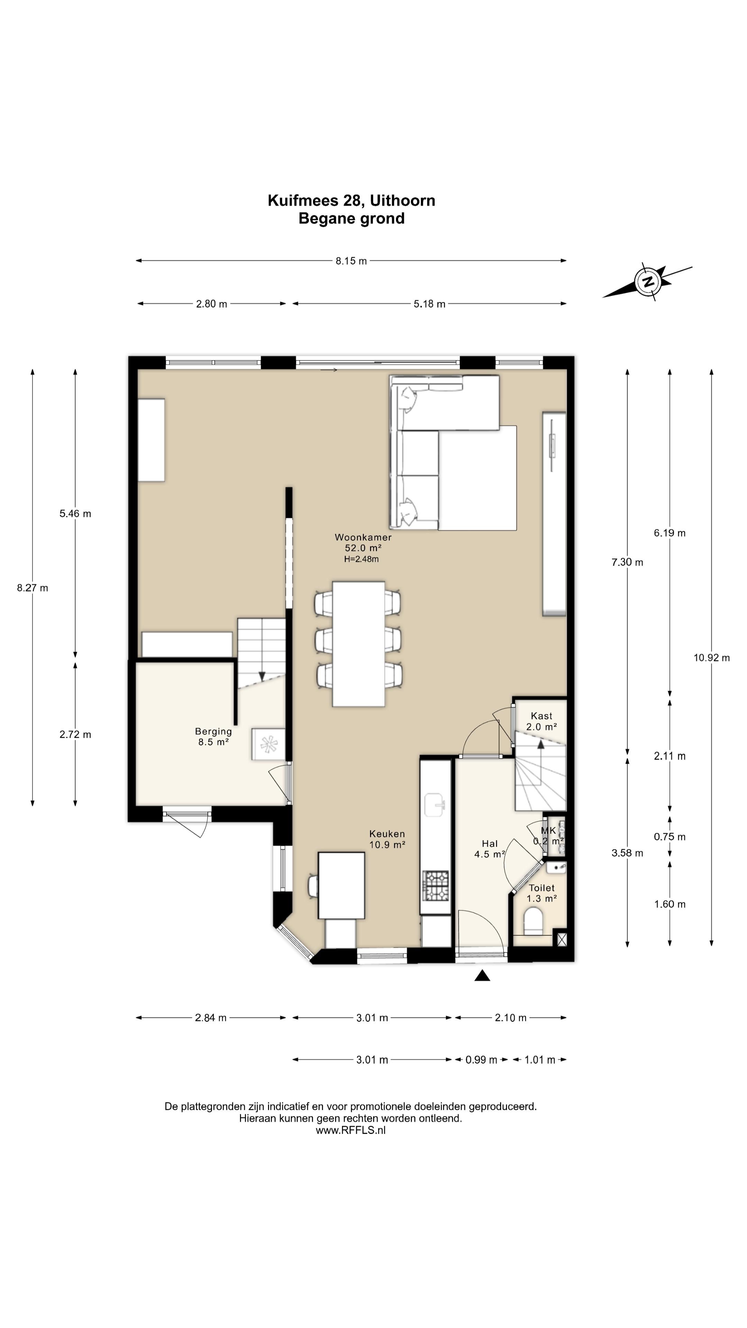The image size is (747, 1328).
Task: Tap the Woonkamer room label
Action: (x=363, y=537)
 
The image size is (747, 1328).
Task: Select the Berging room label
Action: (x=213, y=731)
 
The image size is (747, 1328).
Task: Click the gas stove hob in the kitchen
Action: (x=436, y=885)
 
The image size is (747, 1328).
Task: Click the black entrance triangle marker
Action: (x=482, y=975)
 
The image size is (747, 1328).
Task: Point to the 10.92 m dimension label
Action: (x=711, y=657)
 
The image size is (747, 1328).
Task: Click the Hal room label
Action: (x=489, y=843)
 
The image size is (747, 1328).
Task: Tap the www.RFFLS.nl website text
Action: (x=351, y=1130)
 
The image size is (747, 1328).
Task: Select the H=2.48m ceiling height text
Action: (x=361, y=559)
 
